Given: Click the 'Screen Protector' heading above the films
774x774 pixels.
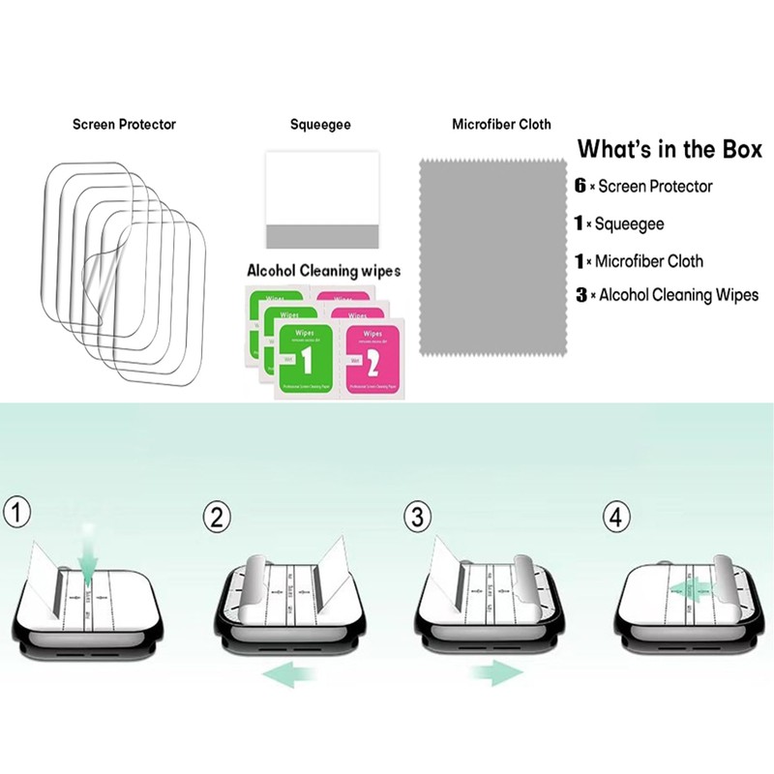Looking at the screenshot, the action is pyautogui.click(x=124, y=125).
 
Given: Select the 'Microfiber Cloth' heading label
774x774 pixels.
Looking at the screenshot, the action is pyautogui.click(x=501, y=125).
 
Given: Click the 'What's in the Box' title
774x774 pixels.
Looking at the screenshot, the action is pyautogui.click(x=670, y=150).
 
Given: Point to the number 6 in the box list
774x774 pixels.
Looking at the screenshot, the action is pyautogui.click(x=580, y=186).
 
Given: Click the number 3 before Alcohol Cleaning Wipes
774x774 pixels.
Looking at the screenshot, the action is pyautogui.click(x=580, y=295).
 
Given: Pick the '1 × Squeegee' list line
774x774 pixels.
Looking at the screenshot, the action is pyautogui.click(x=630, y=223).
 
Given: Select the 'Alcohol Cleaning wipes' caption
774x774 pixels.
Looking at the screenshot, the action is pyautogui.click(x=323, y=271).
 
